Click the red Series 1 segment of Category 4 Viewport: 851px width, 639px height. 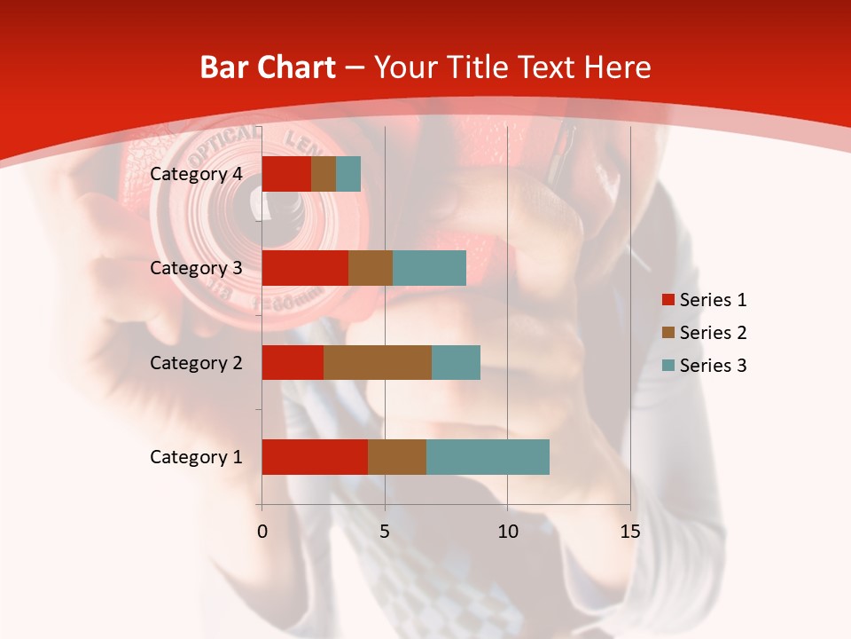click(286, 174)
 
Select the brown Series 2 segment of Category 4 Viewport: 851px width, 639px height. click(324, 174)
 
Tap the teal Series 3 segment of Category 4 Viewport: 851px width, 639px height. click(348, 174)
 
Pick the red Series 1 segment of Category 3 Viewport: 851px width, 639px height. click(305, 268)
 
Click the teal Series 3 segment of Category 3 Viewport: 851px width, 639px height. click(429, 268)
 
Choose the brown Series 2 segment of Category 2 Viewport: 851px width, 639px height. click(378, 362)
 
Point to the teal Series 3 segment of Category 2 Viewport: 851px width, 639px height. click(456, 362)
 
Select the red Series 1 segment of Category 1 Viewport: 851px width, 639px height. click(315, 457)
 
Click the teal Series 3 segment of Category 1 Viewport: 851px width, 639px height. click(488, 457)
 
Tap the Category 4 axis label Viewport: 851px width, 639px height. click(196, 174)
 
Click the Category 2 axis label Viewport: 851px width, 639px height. click(196, 362)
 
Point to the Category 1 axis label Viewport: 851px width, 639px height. click(196, 457)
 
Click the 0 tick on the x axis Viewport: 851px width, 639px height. click(262, 532)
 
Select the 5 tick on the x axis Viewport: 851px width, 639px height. click(385, 532)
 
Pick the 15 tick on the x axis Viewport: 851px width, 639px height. click(629, 532)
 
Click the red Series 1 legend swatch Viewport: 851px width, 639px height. click(668, 300)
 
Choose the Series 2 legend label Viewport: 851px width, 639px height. click(713, 333)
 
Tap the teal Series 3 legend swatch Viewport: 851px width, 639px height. click(668, 366)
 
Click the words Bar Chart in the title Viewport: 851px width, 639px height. click(268, 67)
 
